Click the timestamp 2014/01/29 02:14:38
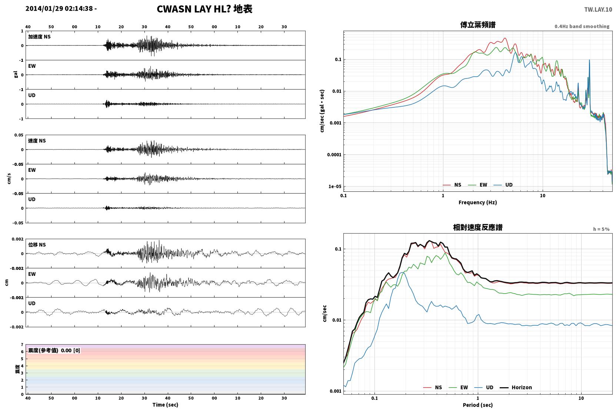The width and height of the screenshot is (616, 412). (59, 9)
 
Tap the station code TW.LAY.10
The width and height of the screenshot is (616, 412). (598, 10)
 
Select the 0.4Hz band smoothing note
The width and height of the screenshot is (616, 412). (582, 26)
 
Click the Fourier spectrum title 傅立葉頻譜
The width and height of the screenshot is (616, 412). (478, 25)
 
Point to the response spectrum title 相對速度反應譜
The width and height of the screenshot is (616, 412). (478, 227)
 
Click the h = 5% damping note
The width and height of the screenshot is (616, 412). (601, 229)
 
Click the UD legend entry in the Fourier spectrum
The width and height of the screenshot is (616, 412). (503, 185)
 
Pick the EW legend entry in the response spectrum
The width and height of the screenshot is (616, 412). (458, 387)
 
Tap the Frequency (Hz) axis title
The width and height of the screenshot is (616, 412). (478, 202)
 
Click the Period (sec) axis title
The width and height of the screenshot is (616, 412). (478, 405)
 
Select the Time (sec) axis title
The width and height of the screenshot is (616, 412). (165, 405)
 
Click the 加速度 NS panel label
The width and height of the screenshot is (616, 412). (39, 37)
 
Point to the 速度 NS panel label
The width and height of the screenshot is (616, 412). (37, 141)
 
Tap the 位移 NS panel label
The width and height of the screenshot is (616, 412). (37, 245)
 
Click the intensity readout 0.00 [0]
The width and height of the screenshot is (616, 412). (70, 351)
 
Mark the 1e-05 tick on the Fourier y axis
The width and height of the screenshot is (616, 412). (335, 186)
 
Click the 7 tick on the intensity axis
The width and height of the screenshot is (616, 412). (22, 345)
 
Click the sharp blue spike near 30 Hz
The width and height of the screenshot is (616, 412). (589, 60)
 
